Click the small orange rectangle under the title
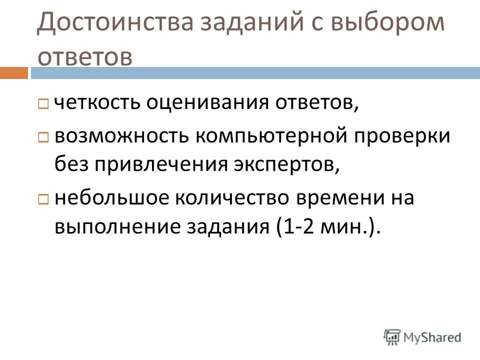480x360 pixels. [14, 73]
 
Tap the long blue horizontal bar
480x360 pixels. [255, 73]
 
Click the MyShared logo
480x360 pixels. [422, 337]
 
